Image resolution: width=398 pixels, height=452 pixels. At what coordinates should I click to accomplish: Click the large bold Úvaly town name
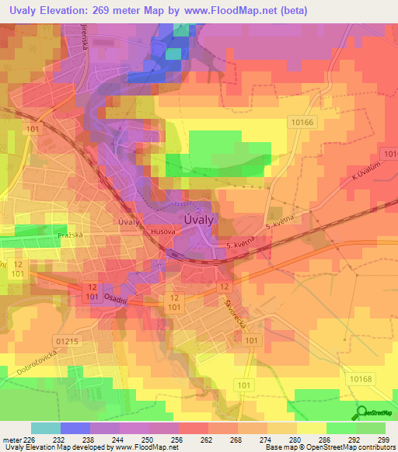point(199,220)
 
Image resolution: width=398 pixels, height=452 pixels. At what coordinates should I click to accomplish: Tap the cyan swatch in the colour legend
point(46,428)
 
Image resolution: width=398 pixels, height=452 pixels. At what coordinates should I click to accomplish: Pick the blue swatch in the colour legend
point(75,428)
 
